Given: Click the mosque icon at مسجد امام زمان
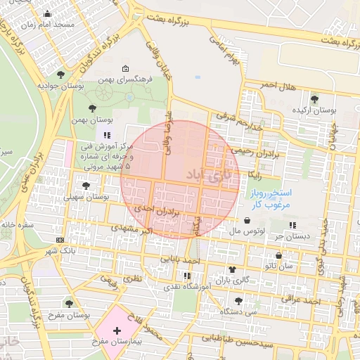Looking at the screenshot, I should pyautogui.click(x=47, y=13).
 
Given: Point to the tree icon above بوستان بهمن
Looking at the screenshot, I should pyautogui.click(x=93, y=108).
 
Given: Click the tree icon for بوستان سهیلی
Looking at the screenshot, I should pyautogui.click(x=86, y=186).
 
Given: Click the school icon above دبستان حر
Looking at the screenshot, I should pyautogui.click(x=292, y=225).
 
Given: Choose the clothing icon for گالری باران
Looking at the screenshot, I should pyautogui.click(x=232, y=270).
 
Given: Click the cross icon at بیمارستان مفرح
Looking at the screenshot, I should pyautogui.click(x=117, y=330).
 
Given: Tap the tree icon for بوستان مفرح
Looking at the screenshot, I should pyautogui.click(x=69, y=303).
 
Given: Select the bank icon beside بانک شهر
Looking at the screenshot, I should pyautogui.click(x=59, y=240).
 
